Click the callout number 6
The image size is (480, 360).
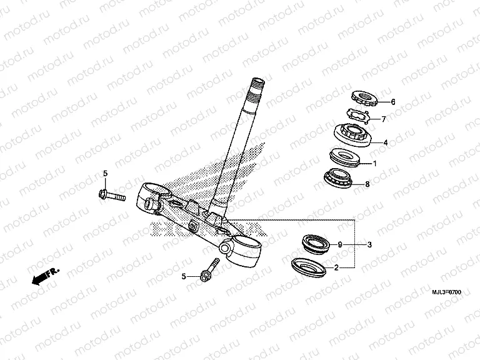[393, 102]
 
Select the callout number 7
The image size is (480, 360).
[384, 119]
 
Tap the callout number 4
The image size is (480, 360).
[386, 142]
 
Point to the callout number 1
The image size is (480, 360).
[375, 164]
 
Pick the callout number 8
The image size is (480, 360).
[367, 184]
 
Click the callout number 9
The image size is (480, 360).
[340, 244]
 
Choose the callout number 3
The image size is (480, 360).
[369, 244]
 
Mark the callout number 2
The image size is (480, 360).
[336, 268]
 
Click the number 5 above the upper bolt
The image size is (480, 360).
[105, 174]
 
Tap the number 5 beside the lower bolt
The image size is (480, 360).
[184, 276]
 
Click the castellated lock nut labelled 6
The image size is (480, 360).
[364, 99]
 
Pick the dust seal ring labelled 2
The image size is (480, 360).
[308, 268]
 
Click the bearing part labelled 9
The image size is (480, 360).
[316, 244]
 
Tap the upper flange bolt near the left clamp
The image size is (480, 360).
[112, 195]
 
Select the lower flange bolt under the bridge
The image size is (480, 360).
[209, 270]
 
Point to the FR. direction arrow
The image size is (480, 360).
[45, 277]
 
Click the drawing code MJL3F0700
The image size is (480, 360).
[446, 292]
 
